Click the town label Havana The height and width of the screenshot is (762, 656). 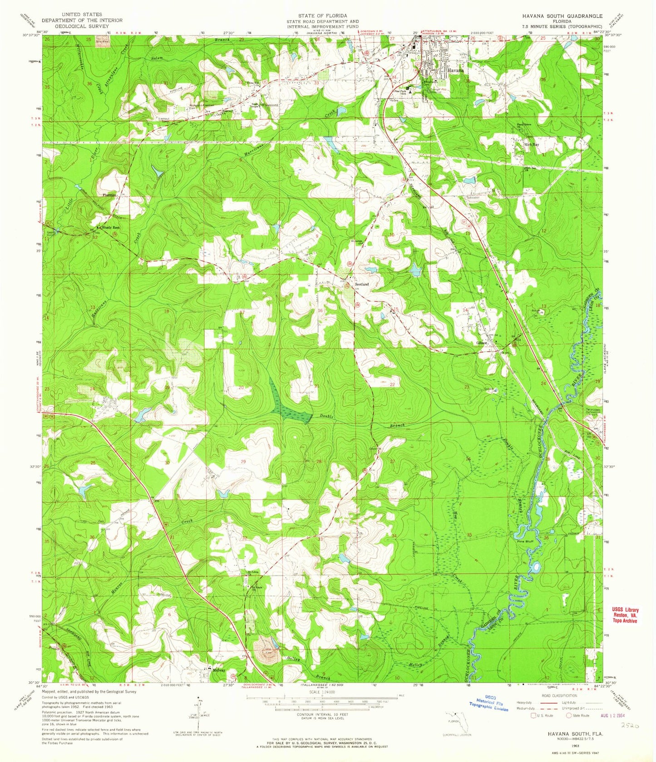454,71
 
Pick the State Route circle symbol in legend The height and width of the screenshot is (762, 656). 570,716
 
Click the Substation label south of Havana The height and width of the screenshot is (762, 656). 471,198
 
